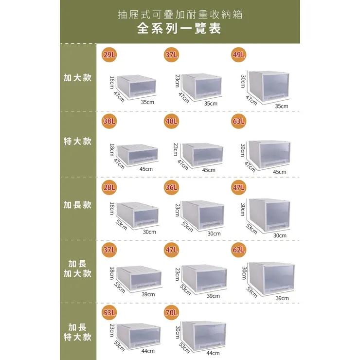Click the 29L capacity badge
pos(109,55)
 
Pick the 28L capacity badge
pos(109,187)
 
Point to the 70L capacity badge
pos(171,312)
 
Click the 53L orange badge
pos(109,312)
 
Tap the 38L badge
pos(109,121)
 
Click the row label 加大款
pos(78,78)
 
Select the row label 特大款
pos(78,142)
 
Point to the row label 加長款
pos(78,205)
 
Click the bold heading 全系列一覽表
pos(180,29)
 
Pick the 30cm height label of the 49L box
pos(242,81)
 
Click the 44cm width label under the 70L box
pos(213,353)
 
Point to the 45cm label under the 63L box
pos(279,172)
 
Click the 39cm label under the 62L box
pos(282,298)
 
